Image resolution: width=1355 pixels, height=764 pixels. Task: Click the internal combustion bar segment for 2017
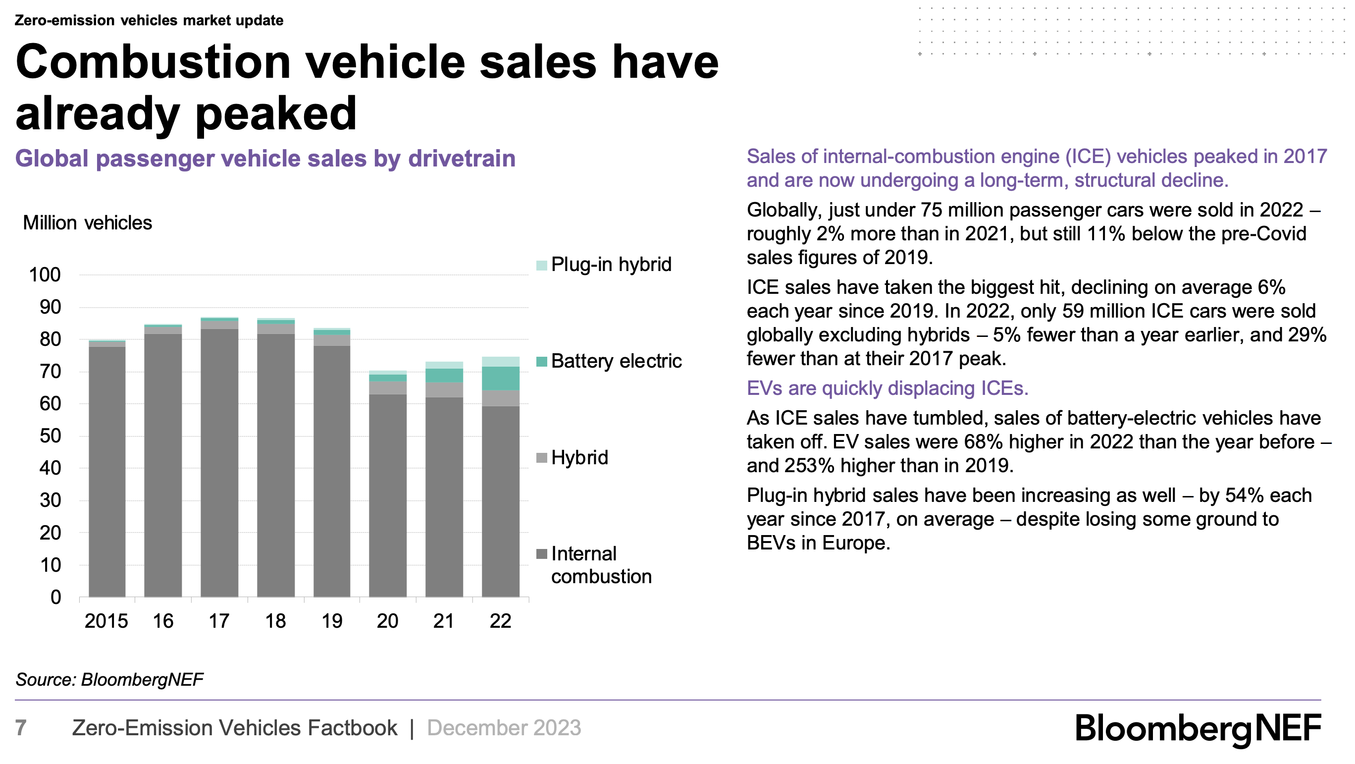coord(219,463)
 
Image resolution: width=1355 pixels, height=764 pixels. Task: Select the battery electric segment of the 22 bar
coord(500,379)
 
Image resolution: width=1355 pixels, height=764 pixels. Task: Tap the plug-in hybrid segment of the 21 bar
coord(444,365)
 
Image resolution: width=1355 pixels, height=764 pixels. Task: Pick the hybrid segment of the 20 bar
coord(388,388)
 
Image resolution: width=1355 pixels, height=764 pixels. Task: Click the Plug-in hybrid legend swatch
coord(541,265)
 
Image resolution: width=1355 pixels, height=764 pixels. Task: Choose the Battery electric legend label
coord(616,362)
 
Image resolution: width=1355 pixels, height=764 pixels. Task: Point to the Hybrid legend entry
coord(579,458)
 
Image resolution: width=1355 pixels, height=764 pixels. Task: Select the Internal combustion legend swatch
coord(541,554)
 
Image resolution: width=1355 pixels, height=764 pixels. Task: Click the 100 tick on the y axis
coord(45,274)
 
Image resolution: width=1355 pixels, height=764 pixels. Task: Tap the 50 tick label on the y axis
coord(50,436)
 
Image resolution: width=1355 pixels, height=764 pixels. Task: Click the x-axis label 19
coord(331,621)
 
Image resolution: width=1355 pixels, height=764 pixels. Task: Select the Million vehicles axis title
coord(87,223)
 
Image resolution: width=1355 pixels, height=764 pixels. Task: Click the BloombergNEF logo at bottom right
coord(1198,729)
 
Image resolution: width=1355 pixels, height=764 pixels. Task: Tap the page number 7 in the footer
coord(20,728)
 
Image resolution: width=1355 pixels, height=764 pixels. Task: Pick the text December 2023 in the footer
coord(504,728)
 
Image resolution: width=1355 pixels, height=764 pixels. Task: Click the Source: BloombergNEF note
coord(109,680)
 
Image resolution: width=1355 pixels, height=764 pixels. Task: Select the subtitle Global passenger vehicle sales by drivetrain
coord(265,159)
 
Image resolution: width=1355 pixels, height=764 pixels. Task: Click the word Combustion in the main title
coord(153,63)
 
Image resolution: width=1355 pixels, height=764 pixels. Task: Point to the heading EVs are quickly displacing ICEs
coord(887,388)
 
